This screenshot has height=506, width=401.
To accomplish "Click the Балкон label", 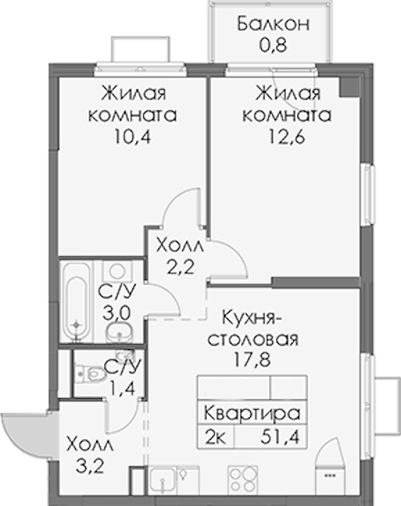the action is click(x=273, y=24).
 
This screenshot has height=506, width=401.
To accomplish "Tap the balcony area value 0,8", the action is click(x=273, y=45).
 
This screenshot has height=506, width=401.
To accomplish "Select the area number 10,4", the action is click(x=132, y=137).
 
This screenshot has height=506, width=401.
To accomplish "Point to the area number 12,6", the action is click(x=286, y=137).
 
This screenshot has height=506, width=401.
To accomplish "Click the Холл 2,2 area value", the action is click(x=180, y=267).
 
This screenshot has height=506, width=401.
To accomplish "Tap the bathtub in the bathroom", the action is click(x=77, y=301).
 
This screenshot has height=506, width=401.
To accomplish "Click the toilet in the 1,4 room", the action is click(x=88, y=374).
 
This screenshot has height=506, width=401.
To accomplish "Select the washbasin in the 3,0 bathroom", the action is click(x=120, y=331).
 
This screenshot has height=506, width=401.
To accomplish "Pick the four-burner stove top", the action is click(x=243, y=481).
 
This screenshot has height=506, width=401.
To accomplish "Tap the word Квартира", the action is click(x=252, y=413).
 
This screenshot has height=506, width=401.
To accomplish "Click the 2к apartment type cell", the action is click(x=216, y=438).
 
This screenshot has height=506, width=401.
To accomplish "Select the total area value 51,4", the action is click(x=280, y=438).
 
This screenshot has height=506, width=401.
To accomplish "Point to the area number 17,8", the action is click(x=252, y=360).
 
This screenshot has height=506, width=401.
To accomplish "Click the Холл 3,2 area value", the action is click(x=90, y=466).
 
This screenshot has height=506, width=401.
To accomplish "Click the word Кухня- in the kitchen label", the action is click(x=252, y=317).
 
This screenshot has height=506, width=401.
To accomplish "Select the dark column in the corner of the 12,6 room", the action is click(x=350, y=87).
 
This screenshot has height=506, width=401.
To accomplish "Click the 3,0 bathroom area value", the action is click(x=116, y=313).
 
